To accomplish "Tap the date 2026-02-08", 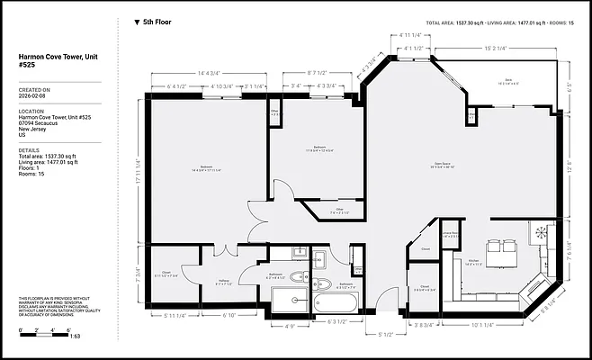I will [33, 97].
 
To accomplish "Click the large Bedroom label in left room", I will [206, 167].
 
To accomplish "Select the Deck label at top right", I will [508, 80].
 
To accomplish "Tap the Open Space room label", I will [417, 165].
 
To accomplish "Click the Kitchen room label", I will [474, 262].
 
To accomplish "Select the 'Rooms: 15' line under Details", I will [31, 174].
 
